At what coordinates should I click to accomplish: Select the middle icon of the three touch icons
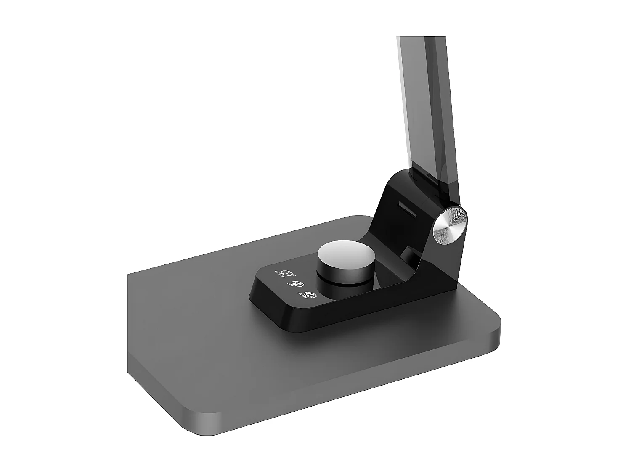[x=297, y=284]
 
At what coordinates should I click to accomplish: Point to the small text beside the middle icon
[x=290, y=285]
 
